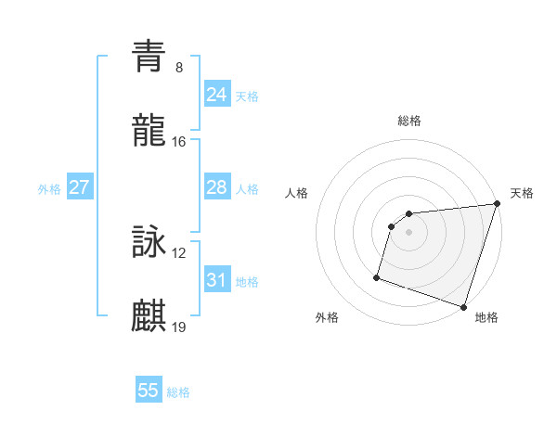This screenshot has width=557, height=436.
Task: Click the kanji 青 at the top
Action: click(149, 56)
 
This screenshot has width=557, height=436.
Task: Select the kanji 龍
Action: click(149, 132)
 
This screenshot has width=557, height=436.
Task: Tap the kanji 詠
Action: click(149, 243)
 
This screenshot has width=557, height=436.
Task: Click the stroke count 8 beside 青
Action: click(179, 68)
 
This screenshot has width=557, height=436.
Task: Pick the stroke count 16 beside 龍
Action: click(179, 142)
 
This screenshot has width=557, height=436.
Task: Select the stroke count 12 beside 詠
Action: click(179, 253)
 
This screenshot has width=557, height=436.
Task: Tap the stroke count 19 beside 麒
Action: click(179, 327)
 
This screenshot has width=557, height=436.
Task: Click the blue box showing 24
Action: click(217, 95)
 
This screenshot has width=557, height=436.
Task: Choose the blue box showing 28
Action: click(217, 187)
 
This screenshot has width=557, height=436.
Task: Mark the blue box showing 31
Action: click(217, 280)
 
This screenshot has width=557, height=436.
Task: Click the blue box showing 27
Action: click(79, 187)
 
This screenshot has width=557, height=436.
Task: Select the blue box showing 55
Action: click(149, 391)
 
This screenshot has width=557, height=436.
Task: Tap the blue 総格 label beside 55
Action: click(178, 392)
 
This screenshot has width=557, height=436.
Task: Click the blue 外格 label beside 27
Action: click(49, 189)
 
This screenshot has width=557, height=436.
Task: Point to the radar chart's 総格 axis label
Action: click(409, 121)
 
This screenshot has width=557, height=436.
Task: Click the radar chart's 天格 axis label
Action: click(522, 193)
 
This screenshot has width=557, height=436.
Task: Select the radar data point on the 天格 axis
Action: click(496, 204)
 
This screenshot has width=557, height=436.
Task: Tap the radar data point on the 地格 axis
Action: click(463, 306)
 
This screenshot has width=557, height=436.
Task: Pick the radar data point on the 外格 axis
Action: click(377, 276)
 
